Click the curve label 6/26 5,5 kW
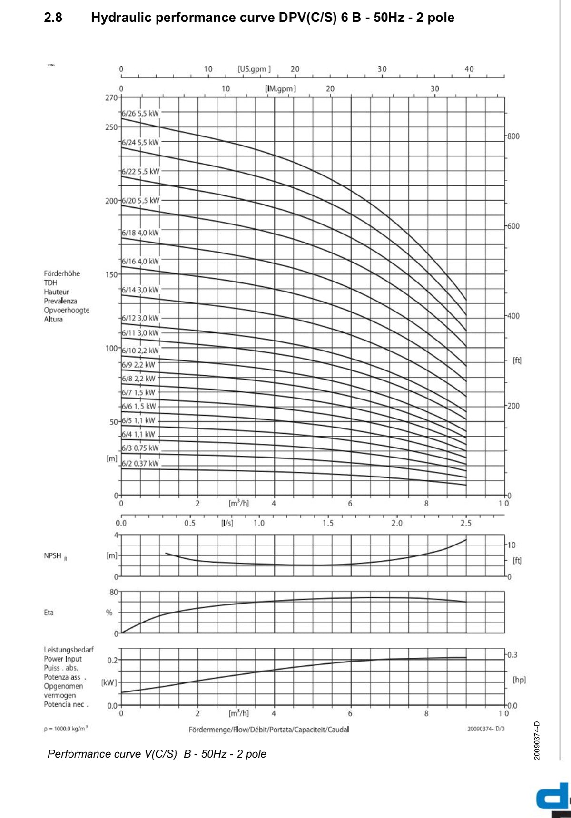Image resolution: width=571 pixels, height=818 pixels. point(140,114)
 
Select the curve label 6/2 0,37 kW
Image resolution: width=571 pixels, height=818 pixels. point(140,464)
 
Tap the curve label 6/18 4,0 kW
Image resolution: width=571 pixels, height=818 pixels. point(140,233)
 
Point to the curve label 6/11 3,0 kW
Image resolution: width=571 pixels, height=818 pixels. point(140,333)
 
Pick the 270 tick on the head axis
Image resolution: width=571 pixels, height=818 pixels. point(111,97)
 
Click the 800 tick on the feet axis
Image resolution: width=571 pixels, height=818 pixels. point(513,136)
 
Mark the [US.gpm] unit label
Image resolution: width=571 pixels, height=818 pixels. point(254,69)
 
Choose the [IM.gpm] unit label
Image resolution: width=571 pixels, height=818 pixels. point(280,89)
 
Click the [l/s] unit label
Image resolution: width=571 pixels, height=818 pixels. point(227,523)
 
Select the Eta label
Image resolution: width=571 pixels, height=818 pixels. point(49,613)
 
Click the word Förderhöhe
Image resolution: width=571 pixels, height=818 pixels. point(62,273)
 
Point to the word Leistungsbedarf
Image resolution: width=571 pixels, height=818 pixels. point(69,650)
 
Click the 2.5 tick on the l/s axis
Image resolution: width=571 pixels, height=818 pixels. point(466,523)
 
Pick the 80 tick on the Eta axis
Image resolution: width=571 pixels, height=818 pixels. point(114,592)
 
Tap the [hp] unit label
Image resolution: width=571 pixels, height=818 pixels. point(519,680)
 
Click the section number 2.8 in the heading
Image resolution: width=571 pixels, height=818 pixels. point(53,18)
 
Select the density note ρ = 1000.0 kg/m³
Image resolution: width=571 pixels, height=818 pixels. point(66,729)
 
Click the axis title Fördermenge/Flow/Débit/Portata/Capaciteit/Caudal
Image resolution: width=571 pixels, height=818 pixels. point(269,730)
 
